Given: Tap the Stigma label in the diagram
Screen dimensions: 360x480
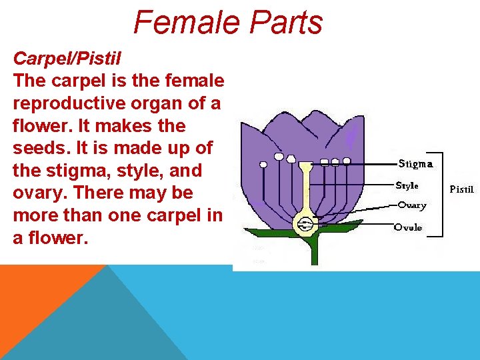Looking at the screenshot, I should [415, 163].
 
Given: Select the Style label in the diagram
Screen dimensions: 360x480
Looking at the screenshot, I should [407, 186].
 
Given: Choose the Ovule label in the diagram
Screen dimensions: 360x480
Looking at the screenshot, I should [408, 227].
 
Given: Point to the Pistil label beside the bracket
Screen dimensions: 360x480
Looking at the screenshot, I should [461, 189].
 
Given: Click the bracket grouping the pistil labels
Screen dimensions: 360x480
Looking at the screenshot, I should [441, 193].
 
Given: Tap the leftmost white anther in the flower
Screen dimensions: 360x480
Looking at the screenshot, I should [263, 163].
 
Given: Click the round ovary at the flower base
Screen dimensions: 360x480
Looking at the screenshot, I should [305, 223].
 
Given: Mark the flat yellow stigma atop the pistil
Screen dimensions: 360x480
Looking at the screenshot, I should [305, 165].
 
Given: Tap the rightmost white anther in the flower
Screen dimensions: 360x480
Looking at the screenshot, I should [347, 161].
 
